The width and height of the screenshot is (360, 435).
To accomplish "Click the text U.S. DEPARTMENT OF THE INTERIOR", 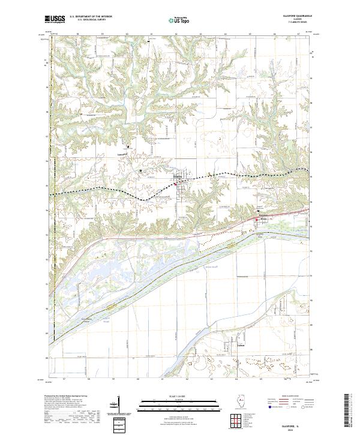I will coord(91,17).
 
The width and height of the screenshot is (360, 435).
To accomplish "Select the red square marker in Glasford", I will coord(175,184).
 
